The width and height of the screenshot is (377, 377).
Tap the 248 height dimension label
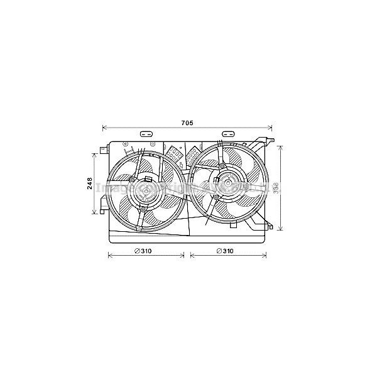[90, 183]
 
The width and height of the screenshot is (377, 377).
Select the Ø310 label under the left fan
[143, 251]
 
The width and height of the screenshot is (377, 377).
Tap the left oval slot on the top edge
[146, 134]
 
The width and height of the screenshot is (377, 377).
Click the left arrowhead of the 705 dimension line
[104, 128]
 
